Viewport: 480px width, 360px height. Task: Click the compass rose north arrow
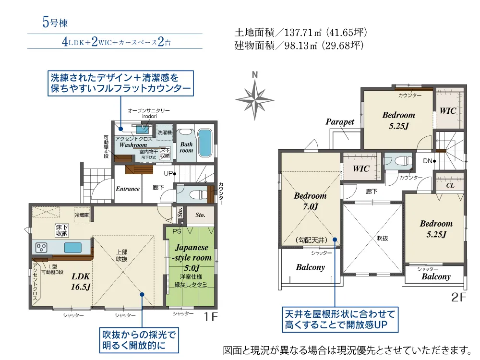click(255, 96)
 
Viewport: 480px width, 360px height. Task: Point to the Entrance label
click(128, 189)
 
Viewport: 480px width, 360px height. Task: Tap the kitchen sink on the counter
click(73, 248)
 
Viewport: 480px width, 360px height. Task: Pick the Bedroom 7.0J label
click(310, 201)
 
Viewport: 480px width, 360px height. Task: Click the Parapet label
click(340, 122)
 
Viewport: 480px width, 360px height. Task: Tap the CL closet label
click(450, 185)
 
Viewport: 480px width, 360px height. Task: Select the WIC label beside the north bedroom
click(448, 110)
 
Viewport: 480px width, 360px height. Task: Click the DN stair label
click(427, 161)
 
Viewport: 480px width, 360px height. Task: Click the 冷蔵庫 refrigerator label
click(81, 215)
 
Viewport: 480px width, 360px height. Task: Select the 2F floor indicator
click(458, 298)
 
